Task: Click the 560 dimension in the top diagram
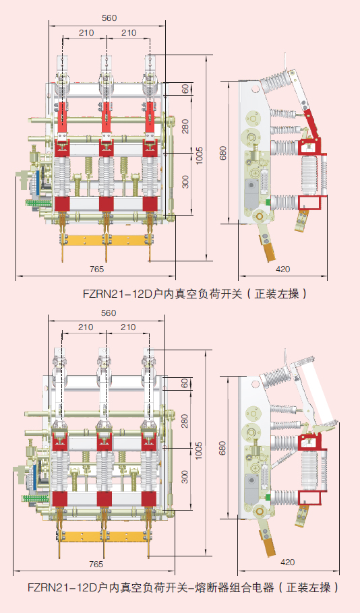click(x=108, y=18)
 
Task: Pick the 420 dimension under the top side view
click(x=283, y=269)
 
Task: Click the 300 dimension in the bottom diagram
click(x=185, y=476)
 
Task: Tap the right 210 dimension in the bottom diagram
click(x=127, y=327)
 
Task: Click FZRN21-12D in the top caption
click(x=115, y=294)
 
